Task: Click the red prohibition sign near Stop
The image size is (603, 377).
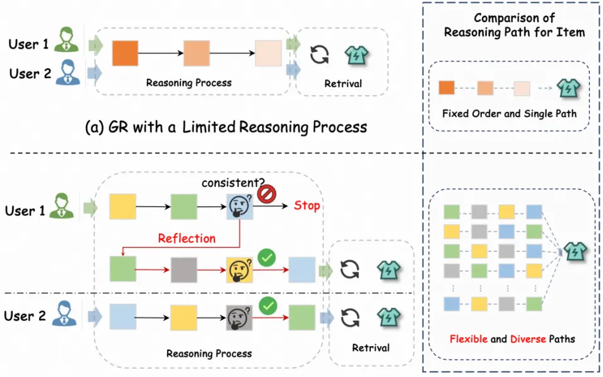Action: tap(266, 193)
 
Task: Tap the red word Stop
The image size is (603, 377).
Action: tap(307, 206)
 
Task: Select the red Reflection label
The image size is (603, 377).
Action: tap(187, 238)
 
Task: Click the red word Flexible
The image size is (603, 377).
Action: tap(468, 339)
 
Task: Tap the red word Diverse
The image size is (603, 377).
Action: tap(527, 339)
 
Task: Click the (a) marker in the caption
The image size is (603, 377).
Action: tap(95, 127)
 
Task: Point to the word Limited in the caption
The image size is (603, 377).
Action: tap(209, 127)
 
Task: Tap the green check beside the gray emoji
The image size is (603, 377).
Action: tap(268, 306)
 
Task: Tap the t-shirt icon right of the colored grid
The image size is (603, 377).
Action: tap(576, 251)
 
